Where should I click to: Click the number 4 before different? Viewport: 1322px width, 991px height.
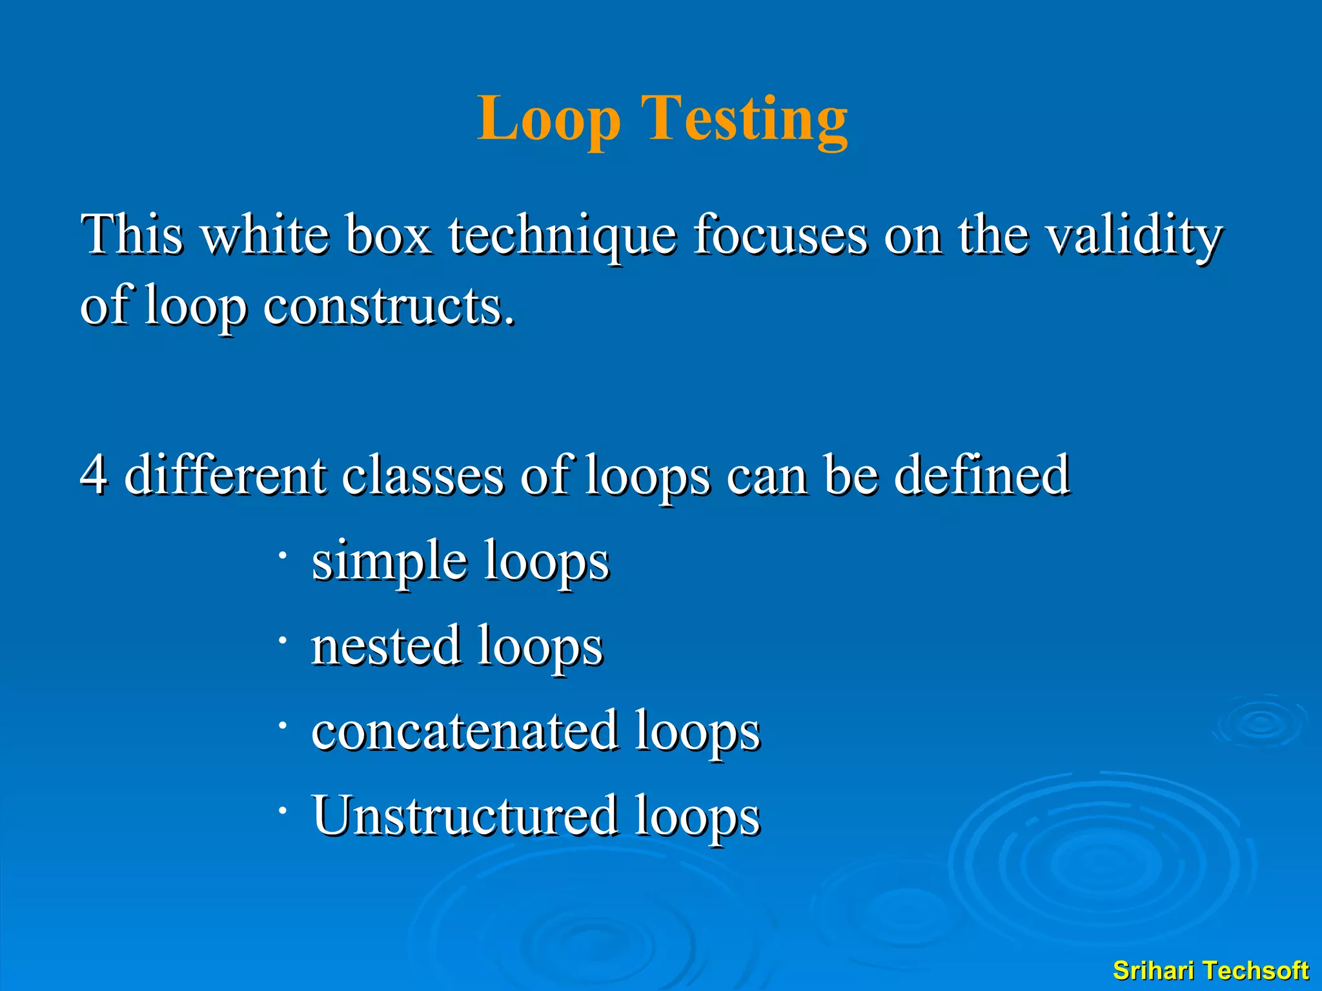(x=94, y=474)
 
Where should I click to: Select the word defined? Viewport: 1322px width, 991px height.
(x=982, y=474)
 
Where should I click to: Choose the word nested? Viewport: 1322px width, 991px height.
(x=386, y=645)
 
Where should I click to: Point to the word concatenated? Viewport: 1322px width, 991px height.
(x=465, y=730)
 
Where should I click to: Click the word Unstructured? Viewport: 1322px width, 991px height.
(x=465, y=815)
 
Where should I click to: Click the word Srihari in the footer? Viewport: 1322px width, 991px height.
(x=1156, y=970)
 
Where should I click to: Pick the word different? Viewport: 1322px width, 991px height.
(x=226, y=474)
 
